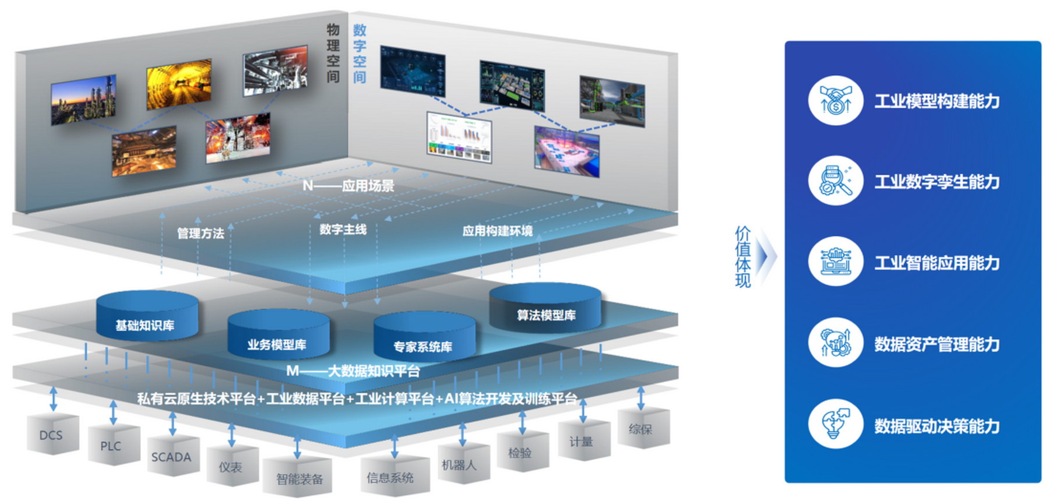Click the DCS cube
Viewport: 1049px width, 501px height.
(x=52, y=435)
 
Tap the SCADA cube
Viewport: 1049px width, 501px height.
(x=172, y=457)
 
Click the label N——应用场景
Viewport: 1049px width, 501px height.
(x=348, y=186)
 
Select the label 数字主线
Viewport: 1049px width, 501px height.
(x=343, y=230)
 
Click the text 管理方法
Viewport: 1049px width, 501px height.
(x=200, y=233)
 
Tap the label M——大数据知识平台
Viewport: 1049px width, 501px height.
(x=353, y=371)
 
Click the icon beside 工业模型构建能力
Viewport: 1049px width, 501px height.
(x=835, y=100)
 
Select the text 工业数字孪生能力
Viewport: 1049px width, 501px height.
(x=937, y=182)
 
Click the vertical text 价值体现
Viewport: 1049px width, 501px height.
(x=742, y=256)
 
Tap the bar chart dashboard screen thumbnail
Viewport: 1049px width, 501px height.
(x=459, y=137)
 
